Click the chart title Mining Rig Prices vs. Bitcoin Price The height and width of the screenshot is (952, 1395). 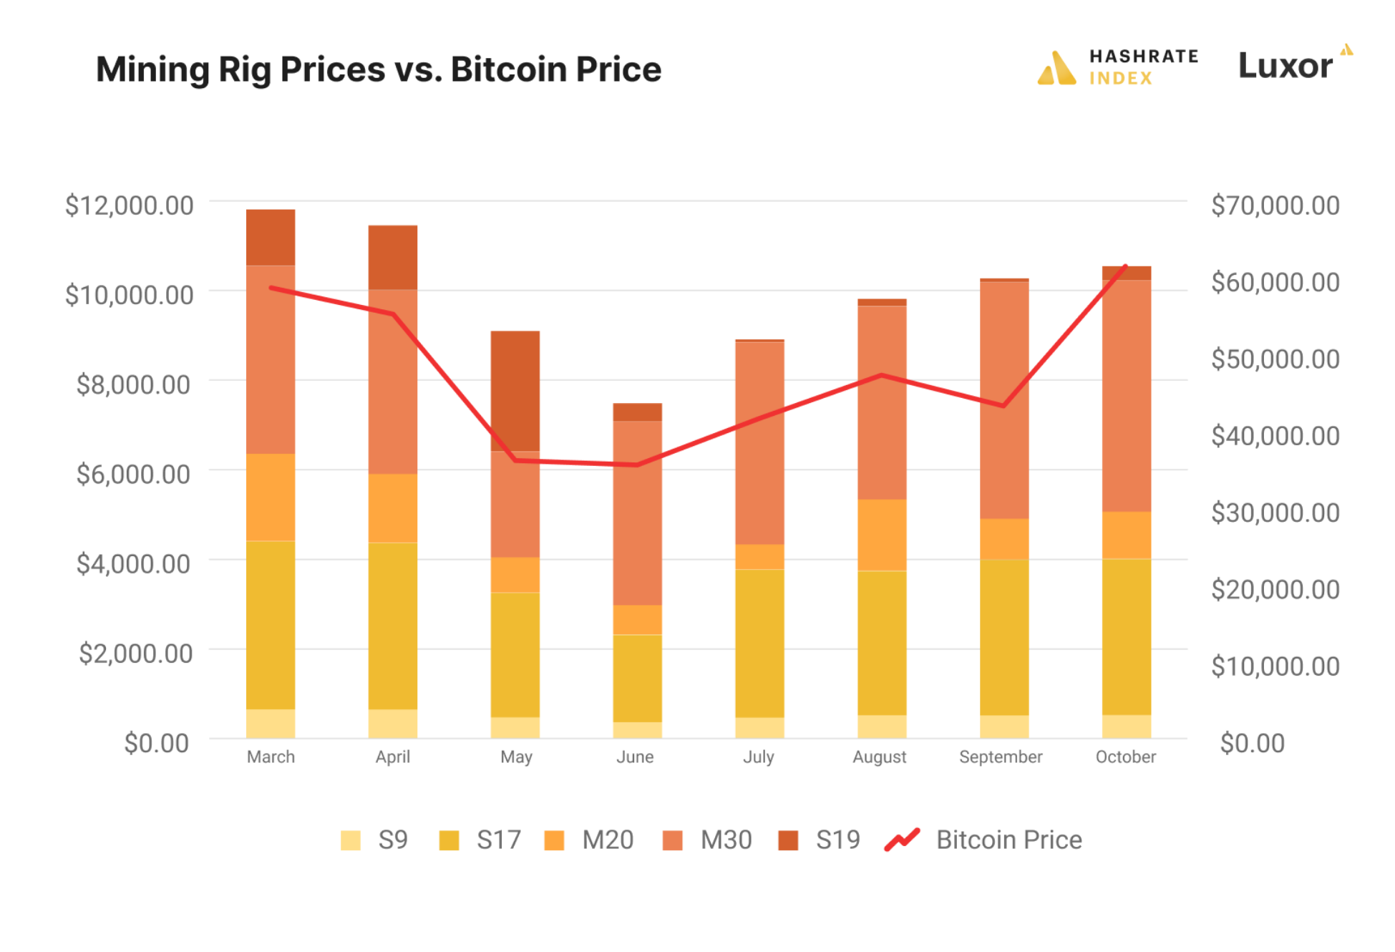tap(378, 69)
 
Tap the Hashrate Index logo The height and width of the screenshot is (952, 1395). tap(1117, 67)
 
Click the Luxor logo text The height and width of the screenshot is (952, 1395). tap(1285, 66)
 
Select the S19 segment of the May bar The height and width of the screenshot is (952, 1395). tap(515, 391)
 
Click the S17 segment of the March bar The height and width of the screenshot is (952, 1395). tap(271, 625)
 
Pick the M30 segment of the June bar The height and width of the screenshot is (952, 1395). tap(637, 513)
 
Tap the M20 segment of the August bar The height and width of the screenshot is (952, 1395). tap(882, 535)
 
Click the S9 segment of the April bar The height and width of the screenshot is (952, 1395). tap(393, 723)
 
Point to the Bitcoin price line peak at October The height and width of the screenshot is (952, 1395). tap(1126, 267)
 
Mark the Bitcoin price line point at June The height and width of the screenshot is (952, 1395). tap(637, 465)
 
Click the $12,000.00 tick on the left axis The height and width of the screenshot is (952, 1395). tap(130, 205)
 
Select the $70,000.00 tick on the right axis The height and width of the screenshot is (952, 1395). tap(1275, 205)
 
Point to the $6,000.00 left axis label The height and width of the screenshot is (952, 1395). tap(133, 474)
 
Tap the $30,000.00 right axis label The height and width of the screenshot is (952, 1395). tap(1275, 513)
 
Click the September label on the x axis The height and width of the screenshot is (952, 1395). tap(1001, 757)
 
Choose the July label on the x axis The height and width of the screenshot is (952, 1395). tap(759, 757)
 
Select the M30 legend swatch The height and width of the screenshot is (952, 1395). tap(673, 840)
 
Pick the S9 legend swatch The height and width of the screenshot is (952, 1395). tap(351, 840)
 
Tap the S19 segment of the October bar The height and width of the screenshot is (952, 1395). tap(1127, 273)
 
